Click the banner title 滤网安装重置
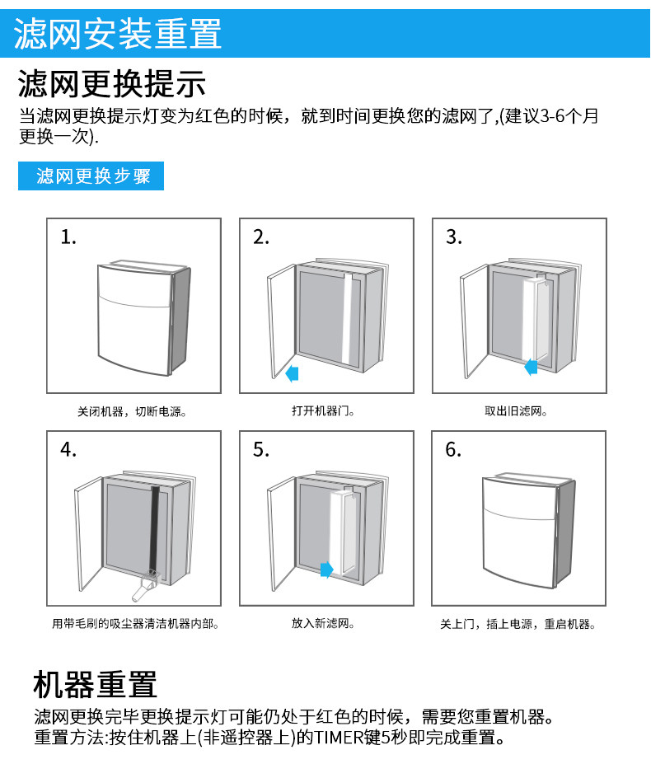(x=118, y=34)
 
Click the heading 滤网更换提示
(x=112, y=84)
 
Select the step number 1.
(x=68, y=237)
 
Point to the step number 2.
(x=261, y=237)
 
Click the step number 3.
(x=454, y=237)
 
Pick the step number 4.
(x=68, y=450)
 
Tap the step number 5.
(x=261, y=450)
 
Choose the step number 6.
(x=454, y=450)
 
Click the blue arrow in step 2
(x=292, y=373)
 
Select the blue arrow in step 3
(x=532, y=365)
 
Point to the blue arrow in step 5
(x=326, y=569)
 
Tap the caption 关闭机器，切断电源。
(x=132, y=410)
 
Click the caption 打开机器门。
(x=325, y=410)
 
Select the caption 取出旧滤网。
(x=518, y=410)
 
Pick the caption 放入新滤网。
(x=325, y=624)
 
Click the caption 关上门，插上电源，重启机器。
(x=518, y=624)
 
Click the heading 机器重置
(x=95, y=684)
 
